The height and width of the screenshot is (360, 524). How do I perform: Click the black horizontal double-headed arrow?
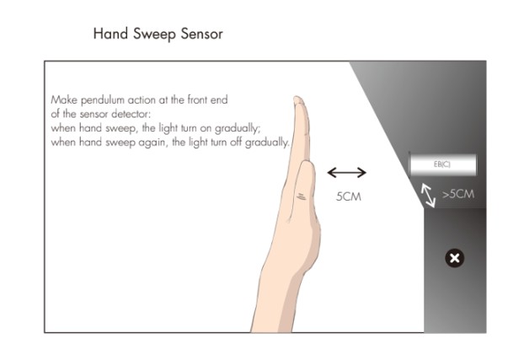[x=346, y=173]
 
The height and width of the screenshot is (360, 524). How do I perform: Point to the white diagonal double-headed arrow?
[x=430, y=196]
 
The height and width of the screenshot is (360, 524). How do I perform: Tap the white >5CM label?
[x=457, y=194]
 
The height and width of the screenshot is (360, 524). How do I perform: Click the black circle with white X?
[x=454, y=258]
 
